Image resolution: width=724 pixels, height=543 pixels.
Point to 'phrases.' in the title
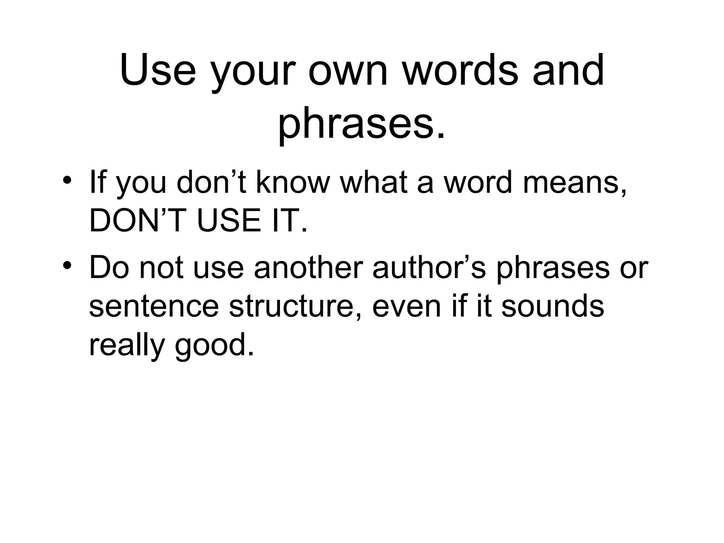point(361,124)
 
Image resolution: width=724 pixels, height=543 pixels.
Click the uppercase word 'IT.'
point(290,221)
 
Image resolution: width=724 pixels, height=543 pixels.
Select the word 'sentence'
point(154,306)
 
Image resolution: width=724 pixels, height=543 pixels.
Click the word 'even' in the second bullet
point(407,306)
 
